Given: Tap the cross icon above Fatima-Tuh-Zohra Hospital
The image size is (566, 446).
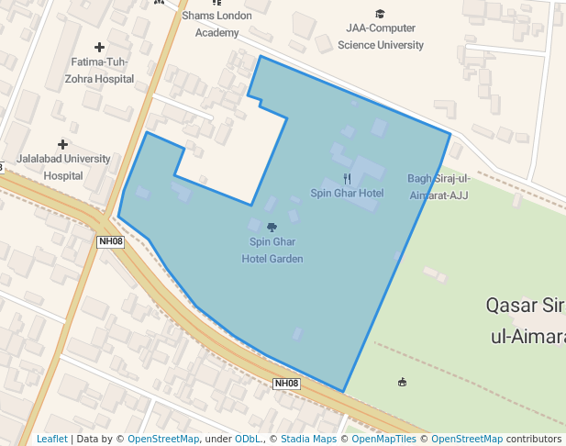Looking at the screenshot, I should click(99, 46).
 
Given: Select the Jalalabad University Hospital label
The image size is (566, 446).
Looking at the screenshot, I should click(63, 167).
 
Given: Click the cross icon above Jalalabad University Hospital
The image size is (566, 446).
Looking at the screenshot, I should click(62, 144).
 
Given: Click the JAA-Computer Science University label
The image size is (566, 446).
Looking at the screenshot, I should click(381, 37).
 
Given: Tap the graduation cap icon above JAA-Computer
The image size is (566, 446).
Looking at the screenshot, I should click(380, 14).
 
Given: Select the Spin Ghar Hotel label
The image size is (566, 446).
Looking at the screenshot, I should click(347, 194).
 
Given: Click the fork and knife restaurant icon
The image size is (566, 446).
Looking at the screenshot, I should click(347, 178).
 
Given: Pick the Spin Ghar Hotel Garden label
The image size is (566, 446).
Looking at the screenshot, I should click(272, 251).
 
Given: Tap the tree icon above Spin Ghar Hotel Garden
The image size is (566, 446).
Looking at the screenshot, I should click(272, 226).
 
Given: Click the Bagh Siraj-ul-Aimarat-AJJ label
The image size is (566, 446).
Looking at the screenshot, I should click(438, 187).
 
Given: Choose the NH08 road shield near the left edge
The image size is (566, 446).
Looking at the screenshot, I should click(110, 241).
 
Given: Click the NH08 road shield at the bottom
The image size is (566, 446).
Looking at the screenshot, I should click(286, 384).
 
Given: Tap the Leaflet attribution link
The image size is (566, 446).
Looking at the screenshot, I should click(51, 440).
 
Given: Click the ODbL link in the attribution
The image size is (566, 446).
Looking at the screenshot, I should click(248, 440).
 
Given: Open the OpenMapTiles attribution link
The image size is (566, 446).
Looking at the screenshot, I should click(382, 440).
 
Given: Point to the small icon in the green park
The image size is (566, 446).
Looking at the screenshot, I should click(402, 382).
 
